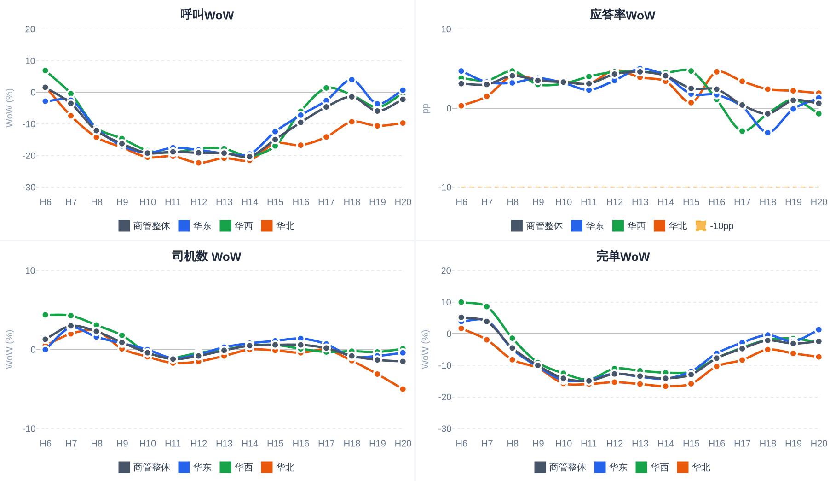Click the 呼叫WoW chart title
pos(207,15)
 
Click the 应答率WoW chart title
pos(622,15)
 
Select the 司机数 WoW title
pos(207,256)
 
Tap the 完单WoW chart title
pos(623,256)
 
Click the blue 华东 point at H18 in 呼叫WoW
pos(352,80)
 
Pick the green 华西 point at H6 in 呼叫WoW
pos(46,70)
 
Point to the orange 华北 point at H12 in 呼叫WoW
pos(199,163)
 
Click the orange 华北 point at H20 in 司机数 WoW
pos(403,389)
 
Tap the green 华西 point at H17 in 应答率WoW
pos(742,131)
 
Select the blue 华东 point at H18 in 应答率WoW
pos(768,133)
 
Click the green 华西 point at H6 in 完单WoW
pos(461,302)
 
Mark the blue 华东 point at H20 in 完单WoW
pos(819,330)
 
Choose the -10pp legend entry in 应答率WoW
pos(715,226)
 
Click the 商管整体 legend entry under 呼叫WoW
pos(144,226)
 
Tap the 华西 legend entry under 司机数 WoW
pos(236,467)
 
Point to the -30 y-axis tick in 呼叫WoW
pos(29,188)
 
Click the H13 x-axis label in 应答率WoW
pos(640,202)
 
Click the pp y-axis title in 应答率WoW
pos(426,108)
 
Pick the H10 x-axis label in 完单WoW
pos(564,443)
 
